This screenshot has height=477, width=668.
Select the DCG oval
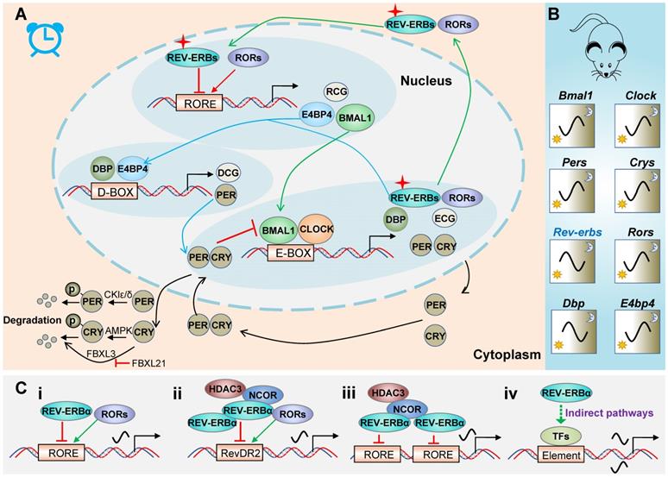228,172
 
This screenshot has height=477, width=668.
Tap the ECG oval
445,219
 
